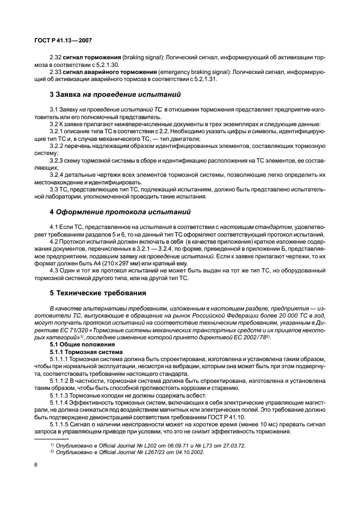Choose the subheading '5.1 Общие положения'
(x=82, y=344)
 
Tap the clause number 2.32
(x=57, y=56)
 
